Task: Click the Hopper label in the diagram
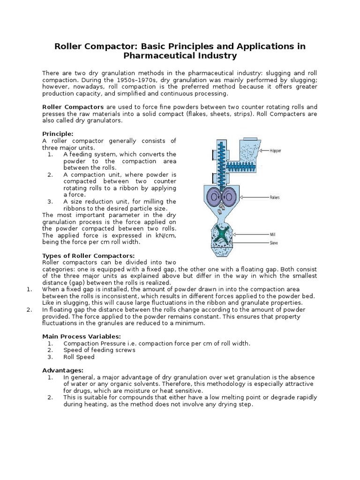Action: pyautogui.click(x=276, y=151)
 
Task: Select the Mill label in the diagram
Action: pyautogui.click(x=272, y=233)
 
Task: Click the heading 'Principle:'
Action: pyautogui.click(x=58, y=134)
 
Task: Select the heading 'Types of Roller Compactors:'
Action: pyautogui.click(x=89, y=255)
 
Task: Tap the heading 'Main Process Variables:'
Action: pyautogui.click(x=82, y=336)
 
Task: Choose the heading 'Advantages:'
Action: pyautogui.click(x=63, y=370)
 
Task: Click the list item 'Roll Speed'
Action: pyautogui.click(x=79, y=357)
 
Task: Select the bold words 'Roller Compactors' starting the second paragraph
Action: pyautogui.click(x=73, y=107)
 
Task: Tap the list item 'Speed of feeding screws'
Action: pyautogui.click(x=99, y=350)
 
